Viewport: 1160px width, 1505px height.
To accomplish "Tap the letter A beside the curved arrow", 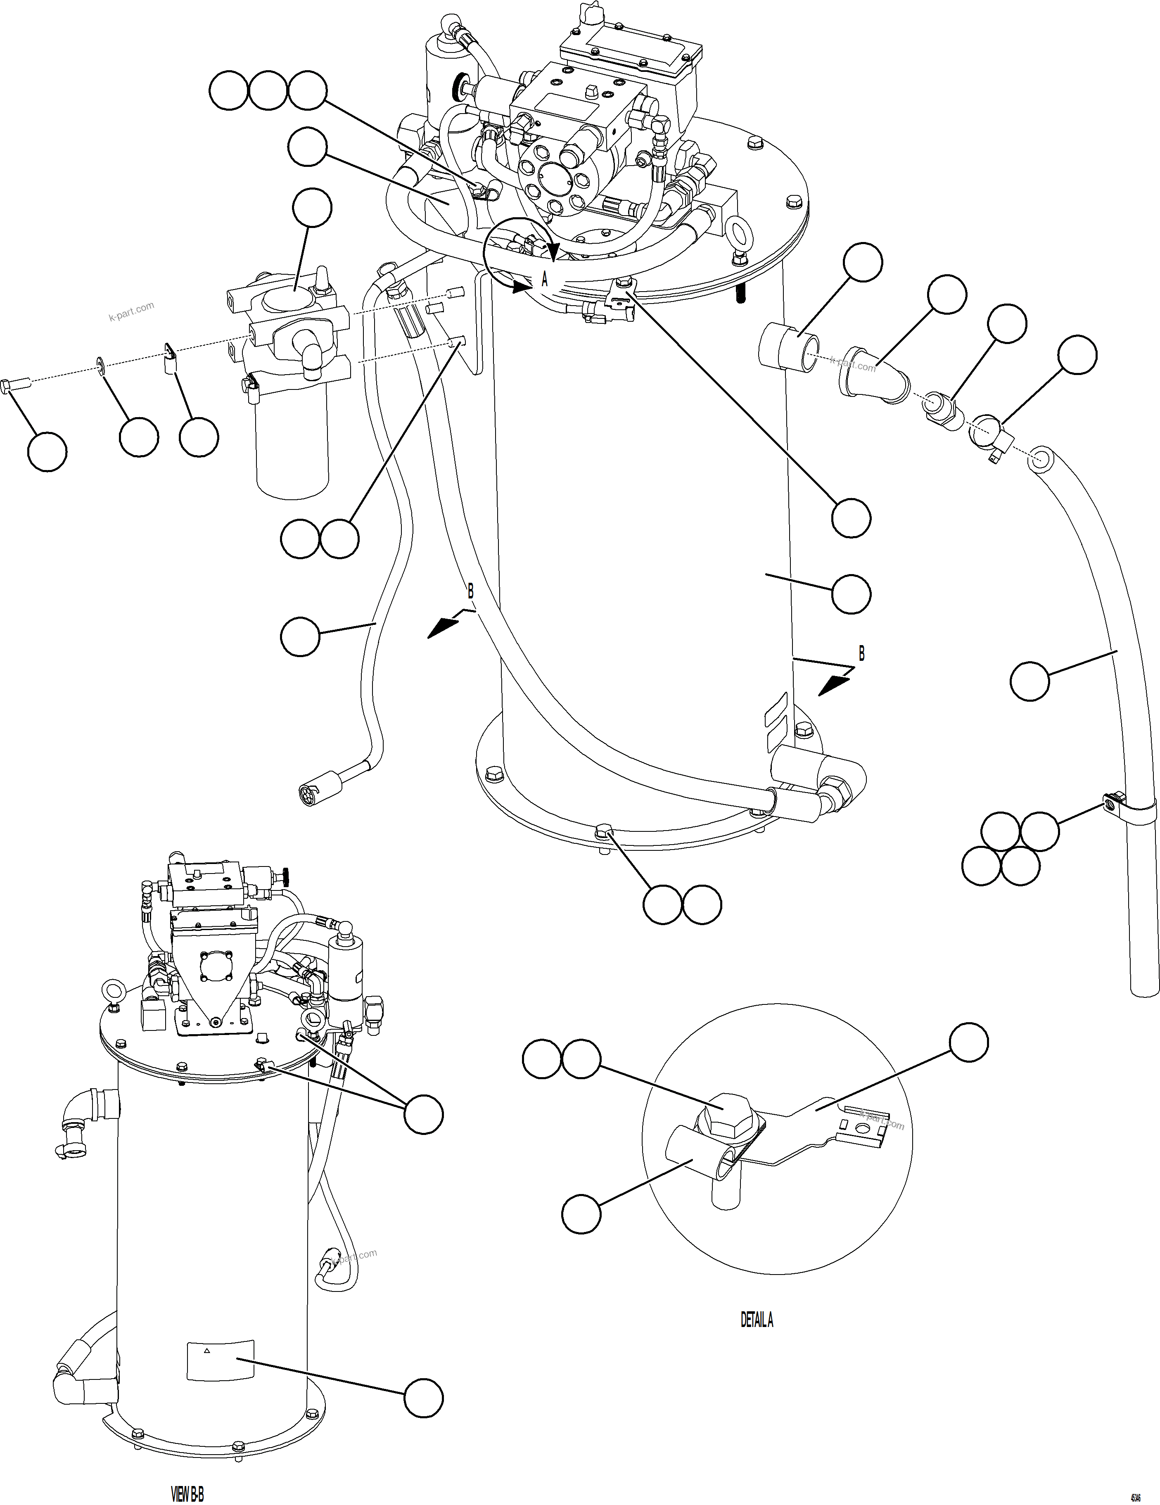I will tap(544, 280).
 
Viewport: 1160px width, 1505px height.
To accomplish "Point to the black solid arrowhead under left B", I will tap(442, 627).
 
